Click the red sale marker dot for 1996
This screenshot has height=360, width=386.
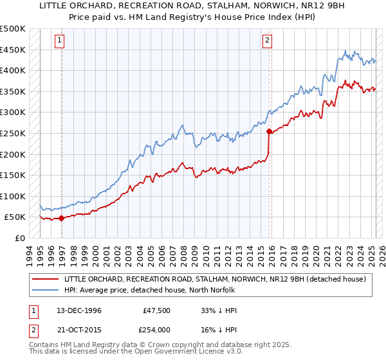click(x=62, y=218)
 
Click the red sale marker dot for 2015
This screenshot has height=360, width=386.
click(x=269, y=131)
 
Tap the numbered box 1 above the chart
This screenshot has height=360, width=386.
click(x=59, y=40)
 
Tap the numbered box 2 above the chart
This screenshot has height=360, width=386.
click(x=267, y=40)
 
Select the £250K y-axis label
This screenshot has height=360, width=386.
click(x=13, y=134)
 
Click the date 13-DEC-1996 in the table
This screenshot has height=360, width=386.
click(x=79, y=310)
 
